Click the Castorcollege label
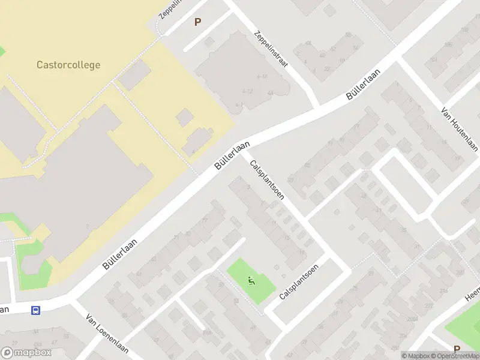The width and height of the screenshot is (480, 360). (68, 65)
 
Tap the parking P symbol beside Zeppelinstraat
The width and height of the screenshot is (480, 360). (197, 22)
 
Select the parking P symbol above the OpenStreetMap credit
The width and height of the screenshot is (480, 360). (457, 349)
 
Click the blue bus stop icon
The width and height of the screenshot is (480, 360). (36, 310)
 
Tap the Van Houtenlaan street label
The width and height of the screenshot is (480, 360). (459, 129)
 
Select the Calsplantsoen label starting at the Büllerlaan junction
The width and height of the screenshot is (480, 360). (267, 179)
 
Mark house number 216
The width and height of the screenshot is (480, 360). (444, 290)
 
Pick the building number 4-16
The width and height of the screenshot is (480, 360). (262, 77)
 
